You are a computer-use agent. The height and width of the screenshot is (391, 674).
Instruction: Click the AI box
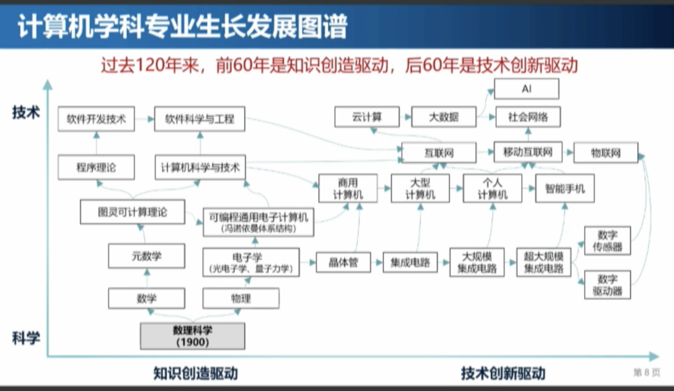pos(527,89)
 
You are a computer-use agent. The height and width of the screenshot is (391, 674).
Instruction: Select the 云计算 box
pos(367,117)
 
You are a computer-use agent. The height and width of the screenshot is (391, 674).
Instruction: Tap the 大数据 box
pos(444,117)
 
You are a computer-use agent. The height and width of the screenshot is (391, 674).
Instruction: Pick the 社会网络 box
pos(527,117)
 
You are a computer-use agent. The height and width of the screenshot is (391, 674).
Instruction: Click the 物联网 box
pos(606,153)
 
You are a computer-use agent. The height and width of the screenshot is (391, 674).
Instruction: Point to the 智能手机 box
pos(565,188)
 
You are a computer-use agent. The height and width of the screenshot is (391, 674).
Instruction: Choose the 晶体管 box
pos(344,262)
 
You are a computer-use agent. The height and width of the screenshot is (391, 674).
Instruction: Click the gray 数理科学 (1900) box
pos(192,336)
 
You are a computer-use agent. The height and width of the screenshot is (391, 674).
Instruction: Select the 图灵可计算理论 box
pos(132,212)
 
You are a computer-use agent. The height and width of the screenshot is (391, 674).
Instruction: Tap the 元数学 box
pos(137,256)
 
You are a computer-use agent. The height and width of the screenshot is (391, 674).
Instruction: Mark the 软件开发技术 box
pos(96,119)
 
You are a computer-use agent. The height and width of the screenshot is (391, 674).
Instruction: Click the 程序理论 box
pos(96,167)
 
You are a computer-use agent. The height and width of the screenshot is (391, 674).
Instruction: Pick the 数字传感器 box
pos(607,241)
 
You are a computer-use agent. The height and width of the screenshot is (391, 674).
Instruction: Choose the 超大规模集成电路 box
pos(544,263)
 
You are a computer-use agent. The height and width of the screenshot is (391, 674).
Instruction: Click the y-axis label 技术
pos(26,113)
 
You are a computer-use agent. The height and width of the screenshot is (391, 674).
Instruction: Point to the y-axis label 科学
pos(26,339)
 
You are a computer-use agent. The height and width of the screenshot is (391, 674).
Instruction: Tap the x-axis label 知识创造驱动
pos(195,373)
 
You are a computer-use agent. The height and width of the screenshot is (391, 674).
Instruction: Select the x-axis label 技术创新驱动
pos(503,373)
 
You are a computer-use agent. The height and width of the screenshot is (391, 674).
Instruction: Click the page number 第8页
pos(647,372)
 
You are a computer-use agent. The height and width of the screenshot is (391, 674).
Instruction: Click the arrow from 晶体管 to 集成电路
pos(378,263)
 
